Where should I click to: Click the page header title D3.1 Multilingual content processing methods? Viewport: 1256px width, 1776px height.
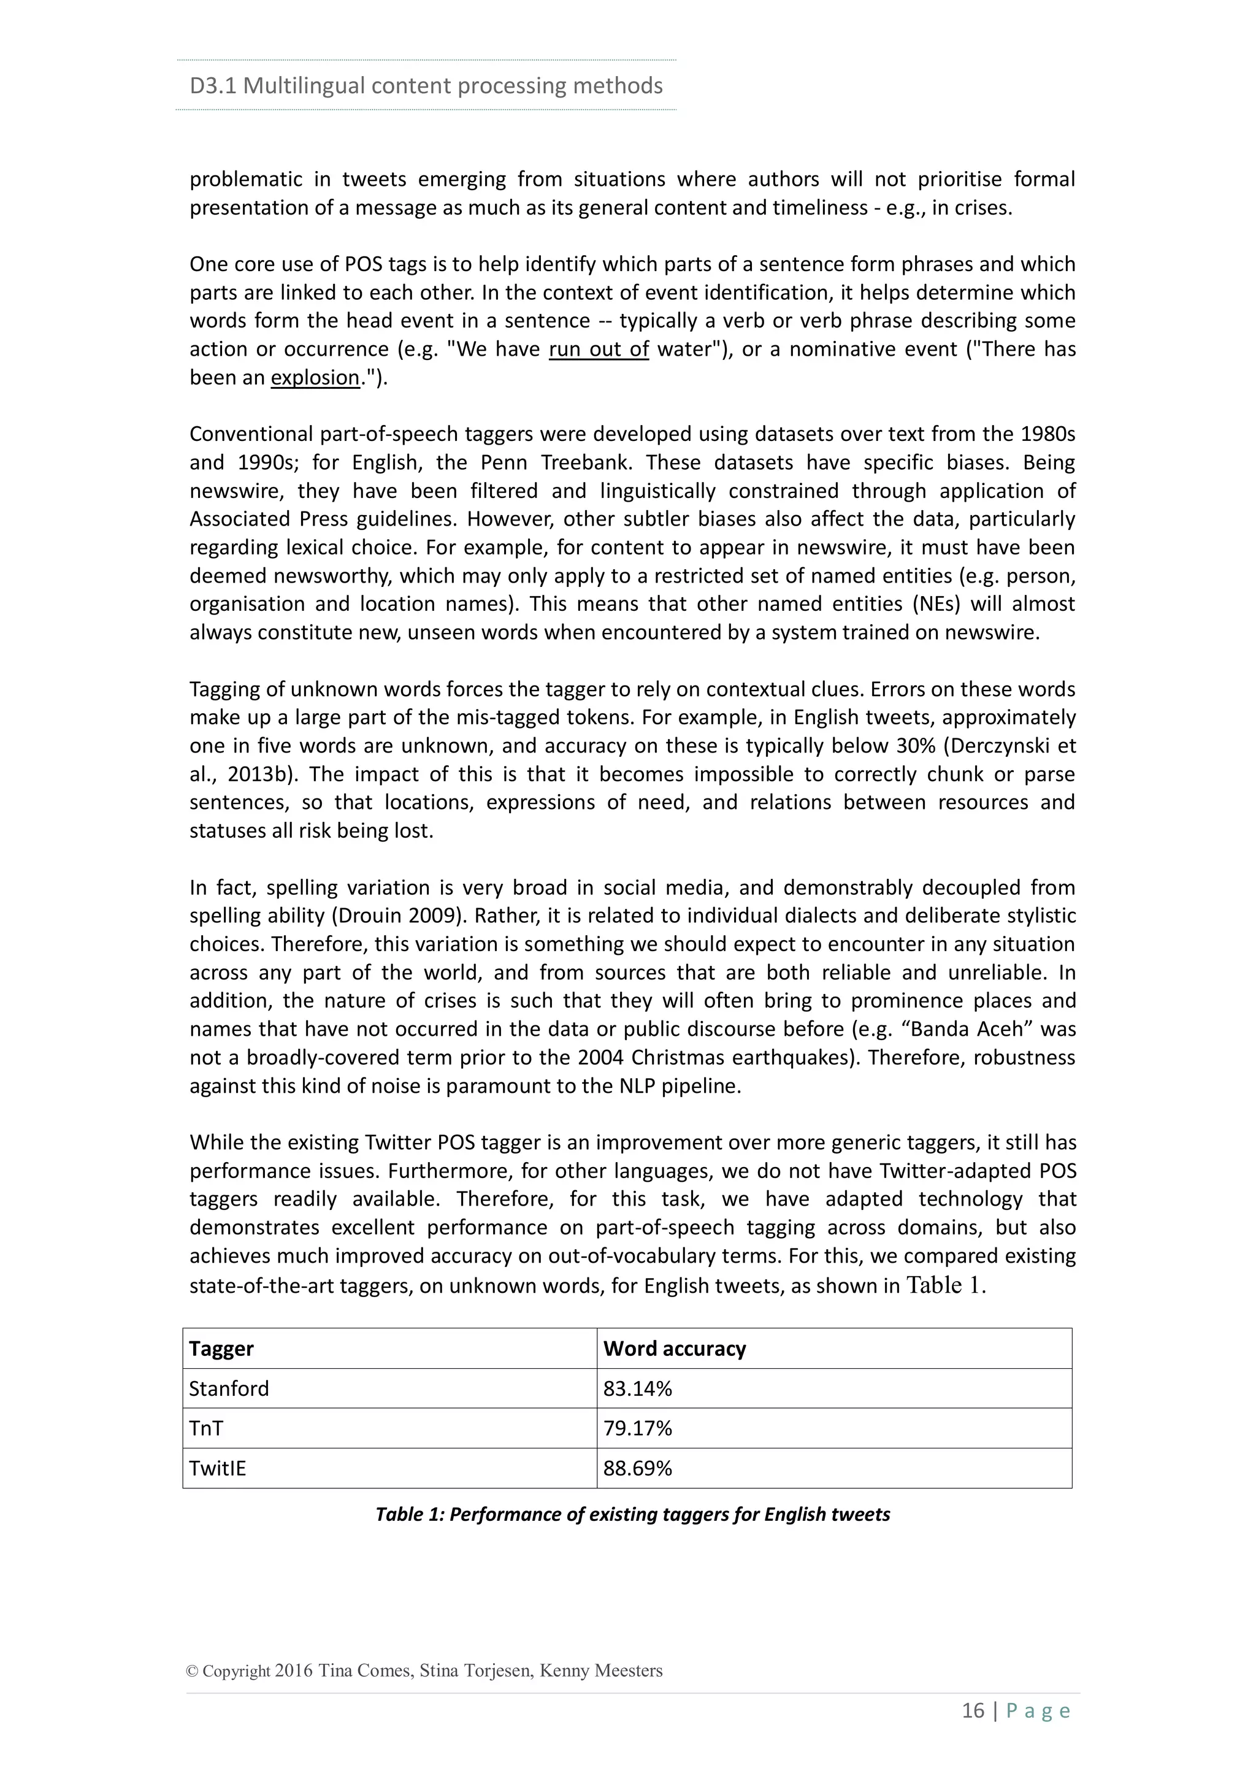tap(426, 85)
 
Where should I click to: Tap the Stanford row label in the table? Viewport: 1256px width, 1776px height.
tap(229, 1388)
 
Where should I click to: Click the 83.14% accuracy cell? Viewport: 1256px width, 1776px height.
tap(637, 1388)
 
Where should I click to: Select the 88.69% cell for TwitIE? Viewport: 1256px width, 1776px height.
tap(637, 1468)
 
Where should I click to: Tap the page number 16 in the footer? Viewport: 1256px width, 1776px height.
tap(973, 1710)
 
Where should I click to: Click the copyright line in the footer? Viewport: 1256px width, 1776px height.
tap(424, 1670)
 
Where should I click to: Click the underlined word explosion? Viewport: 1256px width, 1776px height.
tap(315, 378)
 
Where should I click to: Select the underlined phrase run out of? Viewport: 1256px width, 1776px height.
tap(599, 349)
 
